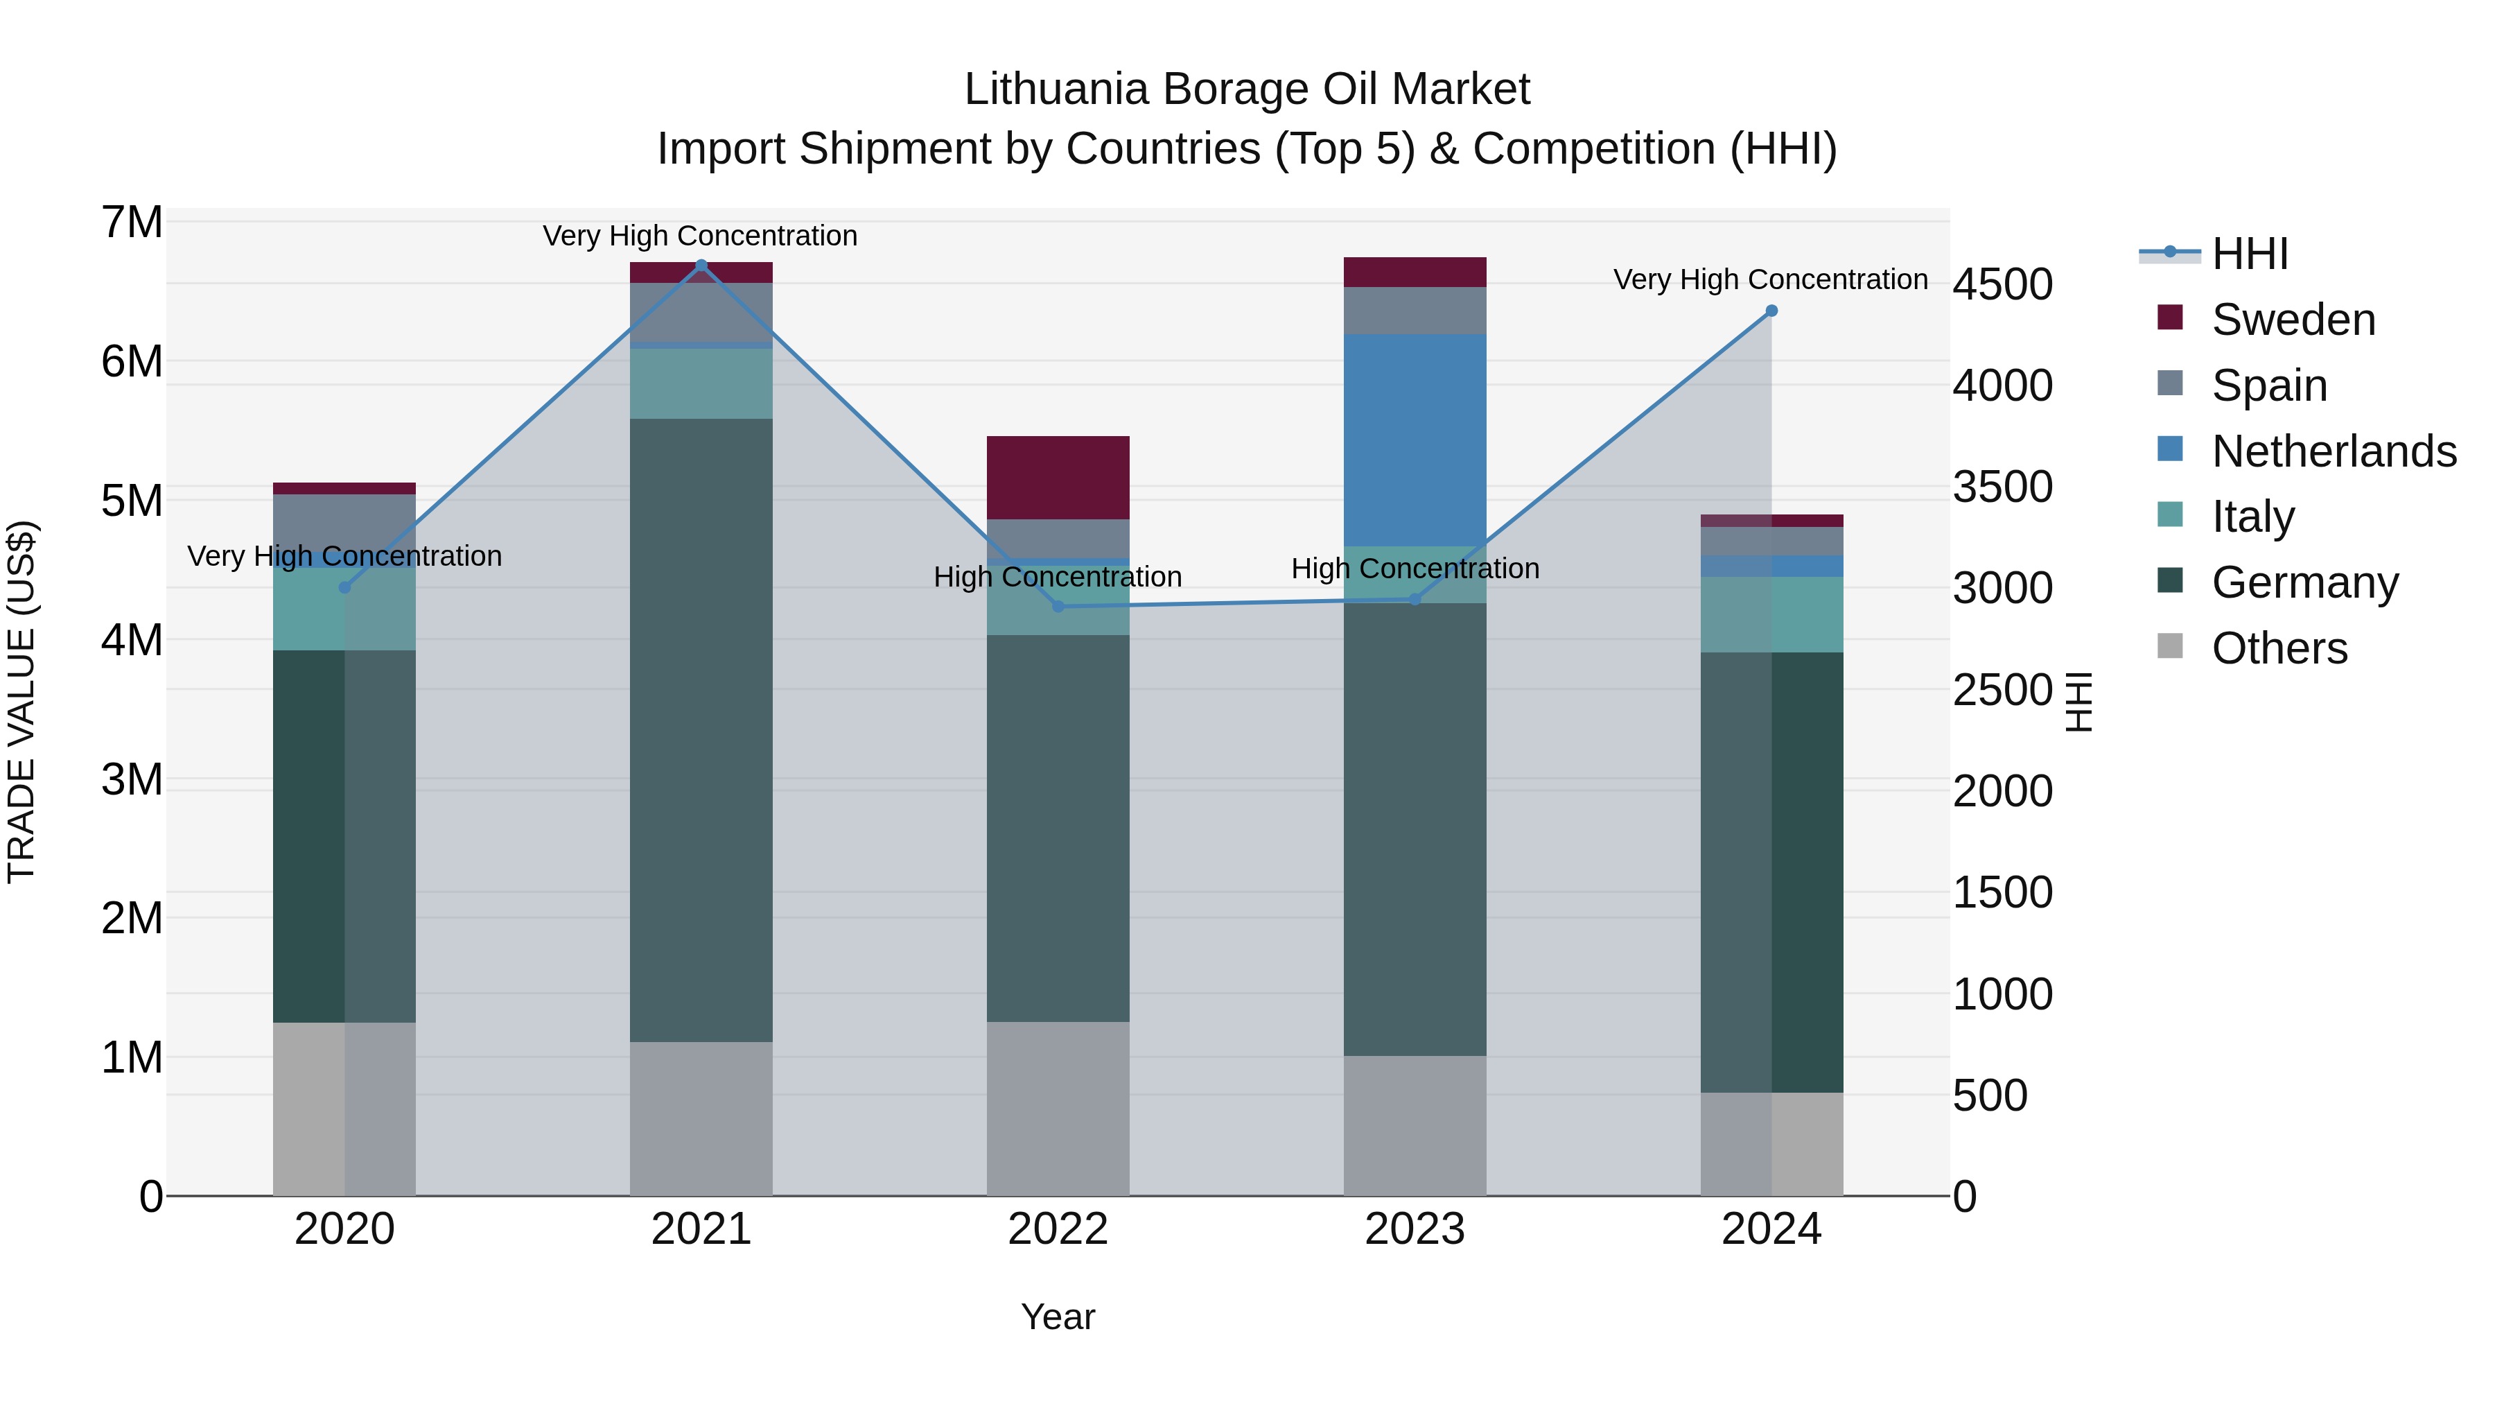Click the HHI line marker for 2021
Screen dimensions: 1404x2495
(x=701, y=265)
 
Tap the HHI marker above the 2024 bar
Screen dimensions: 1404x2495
(x=1771, y=311)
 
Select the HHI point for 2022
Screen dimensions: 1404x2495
(x=1058, y=607)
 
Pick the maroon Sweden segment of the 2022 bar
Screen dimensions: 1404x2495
(x=1058, y=478)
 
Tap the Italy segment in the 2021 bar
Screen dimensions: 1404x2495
(x=701, y=383)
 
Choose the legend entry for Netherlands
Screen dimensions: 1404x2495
(x=2334, y=451)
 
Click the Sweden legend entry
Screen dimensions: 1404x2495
(x=2293, y=320)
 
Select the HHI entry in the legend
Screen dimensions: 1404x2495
(x=2249, y=254)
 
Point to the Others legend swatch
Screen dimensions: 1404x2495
(x=2171, y=646)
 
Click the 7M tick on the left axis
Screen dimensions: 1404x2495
(x=132, y=223)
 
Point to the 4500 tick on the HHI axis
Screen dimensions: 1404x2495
(x=2001, y=285)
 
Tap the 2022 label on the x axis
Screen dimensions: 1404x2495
(x=1058, y=1229)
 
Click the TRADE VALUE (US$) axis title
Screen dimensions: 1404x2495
(x=21, y=702)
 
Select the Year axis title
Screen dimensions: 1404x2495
(x=1058, y=1317)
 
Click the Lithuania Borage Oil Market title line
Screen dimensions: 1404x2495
(x=1247, y=89)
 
